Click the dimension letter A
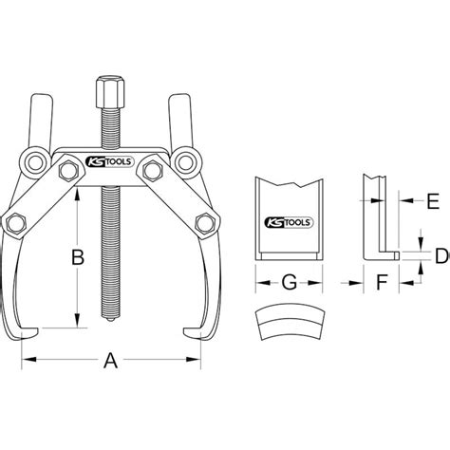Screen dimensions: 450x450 pyautogui.click(x=109, y=362)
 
